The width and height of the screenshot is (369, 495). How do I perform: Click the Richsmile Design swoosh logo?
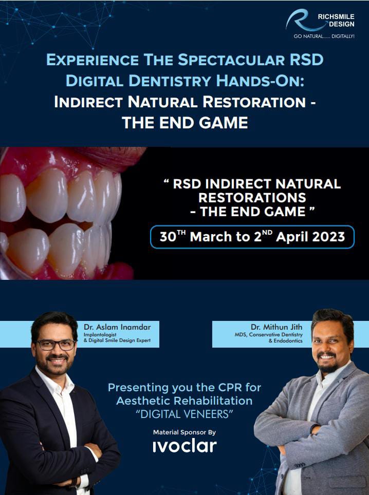(x=300, y=21)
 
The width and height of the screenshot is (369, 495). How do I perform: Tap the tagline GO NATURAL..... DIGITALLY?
(x=324, y=36)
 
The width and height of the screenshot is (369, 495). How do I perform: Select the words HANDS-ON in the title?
(x=260, y=81)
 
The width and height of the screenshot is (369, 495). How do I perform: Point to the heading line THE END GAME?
(x=185, y=123)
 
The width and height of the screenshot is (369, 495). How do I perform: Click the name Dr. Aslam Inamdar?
(x=117, y=327)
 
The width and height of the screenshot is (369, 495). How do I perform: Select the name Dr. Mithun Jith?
(x=276, y=327)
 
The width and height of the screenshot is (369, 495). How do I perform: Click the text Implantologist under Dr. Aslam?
(x=100, y=335)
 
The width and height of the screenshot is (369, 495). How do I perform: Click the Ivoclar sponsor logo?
(x=185, y=446)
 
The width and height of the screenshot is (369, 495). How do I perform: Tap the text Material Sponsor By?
(x=184, y=432)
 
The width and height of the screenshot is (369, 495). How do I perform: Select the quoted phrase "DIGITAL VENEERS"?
(x=184, y=414)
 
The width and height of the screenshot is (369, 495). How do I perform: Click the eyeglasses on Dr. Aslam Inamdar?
(x=56, y=345)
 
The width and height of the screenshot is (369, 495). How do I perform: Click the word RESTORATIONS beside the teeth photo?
(x=252, y=198)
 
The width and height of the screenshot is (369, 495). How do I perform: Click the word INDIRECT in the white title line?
(x=88, y=102)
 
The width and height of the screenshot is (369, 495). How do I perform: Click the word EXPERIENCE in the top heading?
(x=93, y=60)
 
